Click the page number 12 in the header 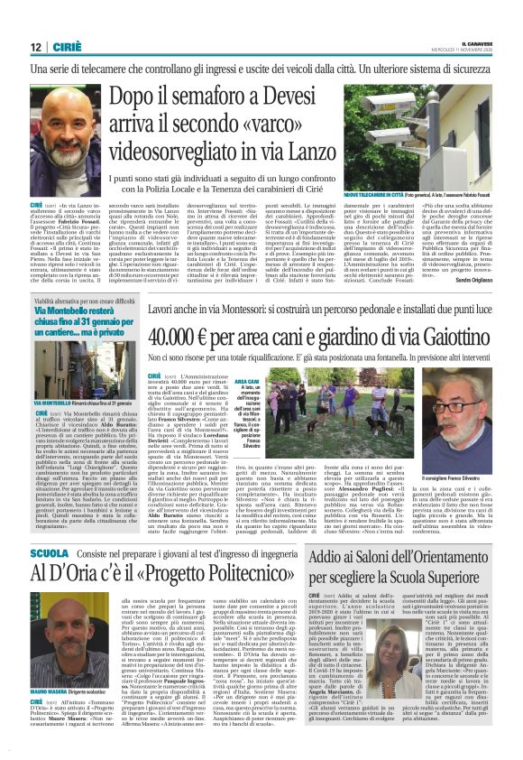coord(35,47)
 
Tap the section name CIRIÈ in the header coord(69,47)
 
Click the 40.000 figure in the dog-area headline coord(180,336)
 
